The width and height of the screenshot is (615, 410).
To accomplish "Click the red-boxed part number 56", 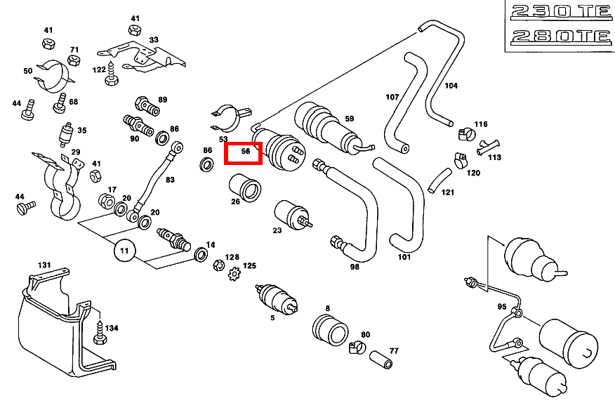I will tap(243, 152).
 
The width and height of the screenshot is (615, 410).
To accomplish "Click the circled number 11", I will tap(124, 249).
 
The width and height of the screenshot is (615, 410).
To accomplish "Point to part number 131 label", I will tap(44, 265).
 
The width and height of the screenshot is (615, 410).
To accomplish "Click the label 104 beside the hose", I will tap(451, 86).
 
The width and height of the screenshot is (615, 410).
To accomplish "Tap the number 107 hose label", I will tap(392, 96).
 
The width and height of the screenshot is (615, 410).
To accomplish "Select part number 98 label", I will tap(355, 266).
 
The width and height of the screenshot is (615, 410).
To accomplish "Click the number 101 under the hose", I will tap(404, 256).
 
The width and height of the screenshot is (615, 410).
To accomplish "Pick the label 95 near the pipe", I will tap(501, 307).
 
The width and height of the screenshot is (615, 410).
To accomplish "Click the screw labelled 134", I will tap(100, 332).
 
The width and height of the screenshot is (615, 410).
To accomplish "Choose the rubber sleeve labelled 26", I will tap(244, 186).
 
